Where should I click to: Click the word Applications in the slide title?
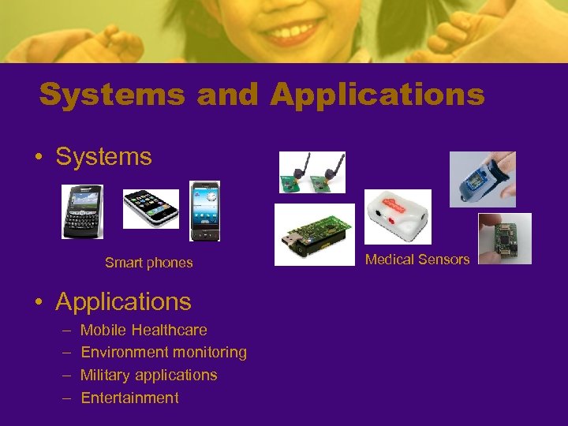pyautogui.click(x=377, y=95)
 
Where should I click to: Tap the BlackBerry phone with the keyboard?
pyautogui.click(x=83, y=211)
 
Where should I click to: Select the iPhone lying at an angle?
pyautogui.click(x=151, y=209)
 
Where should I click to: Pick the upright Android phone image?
pyautogui.click(x=205, y=211)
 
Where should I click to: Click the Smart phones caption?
pyautogui.click(x=148, y=263)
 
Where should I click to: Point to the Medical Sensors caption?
pyautogui.click(x=417, y=259)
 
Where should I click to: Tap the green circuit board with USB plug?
pyautogui.click(x=314, y=234)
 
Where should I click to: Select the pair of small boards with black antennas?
pyautogui.click(x=312, y=172)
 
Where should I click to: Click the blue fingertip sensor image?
pyautogui.click(x=482, y=179)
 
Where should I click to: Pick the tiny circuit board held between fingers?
pyautogui.click(x=504, y=238)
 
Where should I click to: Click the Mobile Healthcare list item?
pyautogui.click(x=144, y=330)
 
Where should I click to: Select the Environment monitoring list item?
pyautogui.click(x=163, y=352)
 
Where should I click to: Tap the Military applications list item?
pyautogui.click(x=148, y=375)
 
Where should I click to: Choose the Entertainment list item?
pyautogui.click(x=129, y=398)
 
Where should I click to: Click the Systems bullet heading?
pyautogui.click(x=103, y=156)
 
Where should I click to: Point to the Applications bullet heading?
pyautogui.click(x=123, y=301)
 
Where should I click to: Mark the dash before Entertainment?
pyautogui.click(x=66, y=398)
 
